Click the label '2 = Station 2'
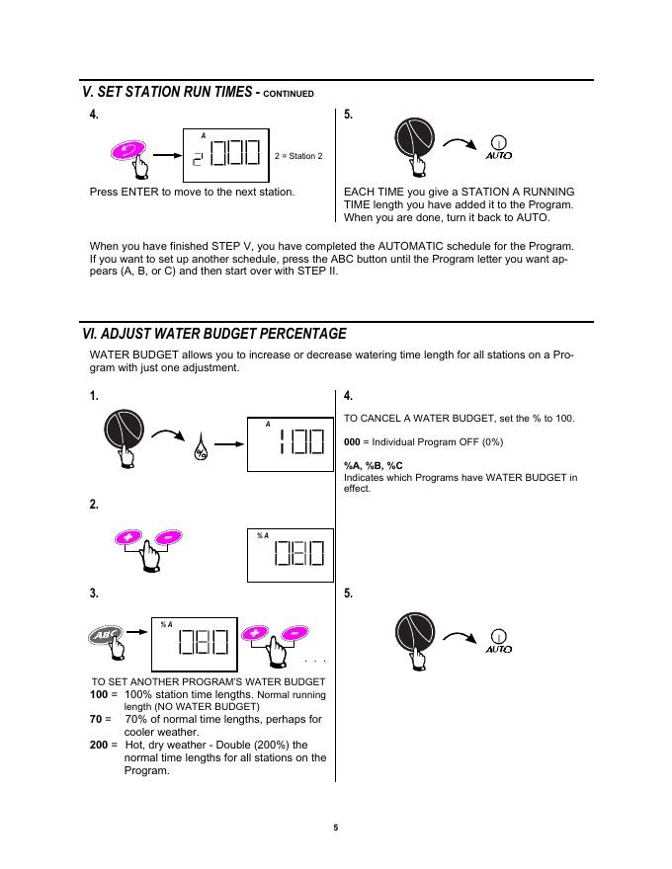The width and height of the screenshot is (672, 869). click(298, 156)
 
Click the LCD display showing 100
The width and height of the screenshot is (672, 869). click(290, 444)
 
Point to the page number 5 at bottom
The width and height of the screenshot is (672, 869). click(335, 827)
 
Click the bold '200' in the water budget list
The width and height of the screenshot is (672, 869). click(99, 745)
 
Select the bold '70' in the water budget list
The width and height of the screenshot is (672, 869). click(96, 720)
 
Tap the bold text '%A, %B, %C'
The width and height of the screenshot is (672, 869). click(374, 465)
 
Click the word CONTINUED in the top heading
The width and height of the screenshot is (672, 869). click(289, 94)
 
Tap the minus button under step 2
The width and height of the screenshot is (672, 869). click(169, 536)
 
